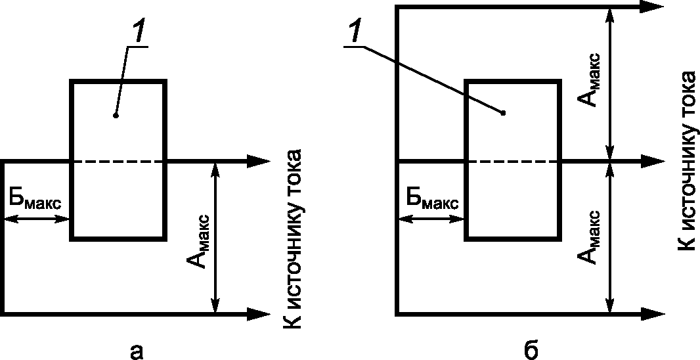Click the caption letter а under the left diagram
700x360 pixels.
(136, 352)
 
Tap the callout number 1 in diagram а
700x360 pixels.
(139, 35)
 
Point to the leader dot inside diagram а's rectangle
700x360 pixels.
(116, 116)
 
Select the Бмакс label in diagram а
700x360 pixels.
(35, 199)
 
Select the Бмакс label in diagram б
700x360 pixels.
(431, 199)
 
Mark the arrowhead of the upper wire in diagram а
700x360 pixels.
(259, 161)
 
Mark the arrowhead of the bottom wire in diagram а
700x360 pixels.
(259, 314)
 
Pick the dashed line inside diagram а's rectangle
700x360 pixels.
(118, 161)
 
